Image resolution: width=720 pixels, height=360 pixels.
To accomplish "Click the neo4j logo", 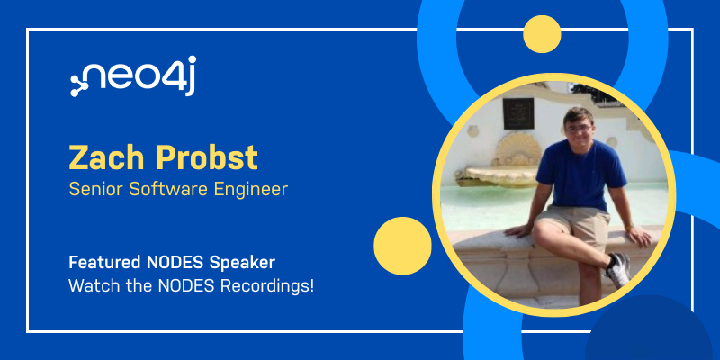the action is click(x=133, y=76).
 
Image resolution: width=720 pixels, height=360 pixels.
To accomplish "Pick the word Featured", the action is click(x=104, y=263).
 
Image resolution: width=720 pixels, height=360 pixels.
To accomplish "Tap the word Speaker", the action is click(x=242, y=264).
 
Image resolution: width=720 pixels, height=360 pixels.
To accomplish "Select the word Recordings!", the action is click(x=267, y=287).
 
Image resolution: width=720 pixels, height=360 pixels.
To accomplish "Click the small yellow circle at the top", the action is click(x=542, y=34).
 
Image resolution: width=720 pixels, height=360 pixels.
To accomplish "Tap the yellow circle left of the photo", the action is click(x=402, y=246).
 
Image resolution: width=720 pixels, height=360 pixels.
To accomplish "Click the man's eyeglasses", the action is click(x=579, y=129).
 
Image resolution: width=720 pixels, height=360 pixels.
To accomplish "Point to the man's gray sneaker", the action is click(x=619, y=270).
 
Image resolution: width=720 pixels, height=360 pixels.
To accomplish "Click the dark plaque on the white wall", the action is click(x=518, y=113).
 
